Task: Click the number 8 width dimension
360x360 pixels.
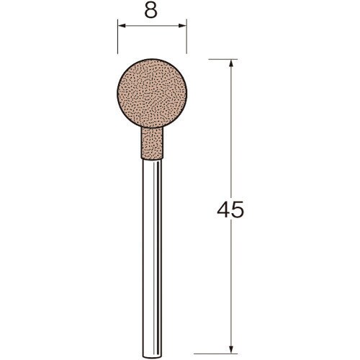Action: click(x=151, y=11)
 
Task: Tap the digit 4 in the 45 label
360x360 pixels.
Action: click(x=224, y=210)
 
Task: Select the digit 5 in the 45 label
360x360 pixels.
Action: click(x=238, y=210)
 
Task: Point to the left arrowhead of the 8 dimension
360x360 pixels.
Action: click(x=122, y=26)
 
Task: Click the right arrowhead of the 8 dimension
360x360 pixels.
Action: click(x=182, y=26)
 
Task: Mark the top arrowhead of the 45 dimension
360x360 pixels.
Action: click(x=231, y=63)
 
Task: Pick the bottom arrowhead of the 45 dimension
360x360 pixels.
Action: click(x=231, y=349)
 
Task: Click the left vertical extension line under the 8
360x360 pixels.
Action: click(x=117, y=37)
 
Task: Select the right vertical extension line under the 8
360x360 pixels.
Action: click(x=186, y=37)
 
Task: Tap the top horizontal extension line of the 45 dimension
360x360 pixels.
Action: click(x=223, y=59)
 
